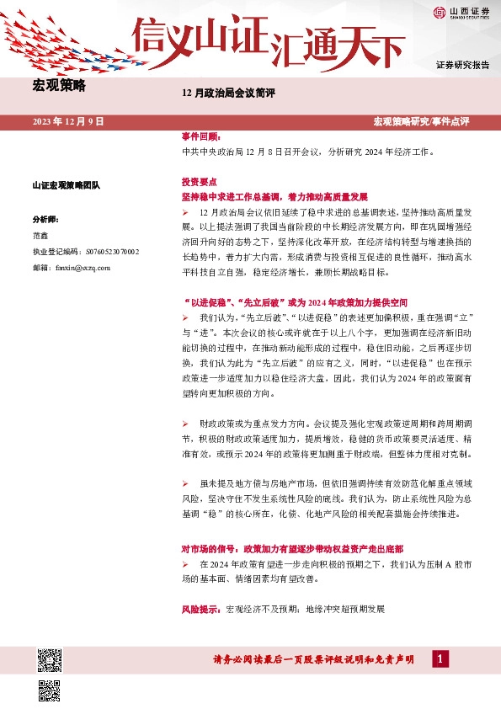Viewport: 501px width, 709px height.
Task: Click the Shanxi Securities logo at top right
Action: [x=461, y=12]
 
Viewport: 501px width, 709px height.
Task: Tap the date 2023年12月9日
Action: [x=68, y=122]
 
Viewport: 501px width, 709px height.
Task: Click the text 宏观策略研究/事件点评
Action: [x=421, y=122]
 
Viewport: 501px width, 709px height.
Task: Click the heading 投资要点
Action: [x=200, y=181]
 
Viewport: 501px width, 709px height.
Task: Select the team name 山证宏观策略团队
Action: [x=66, y=185]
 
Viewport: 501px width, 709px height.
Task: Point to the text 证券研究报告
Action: [x=463, y=65]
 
